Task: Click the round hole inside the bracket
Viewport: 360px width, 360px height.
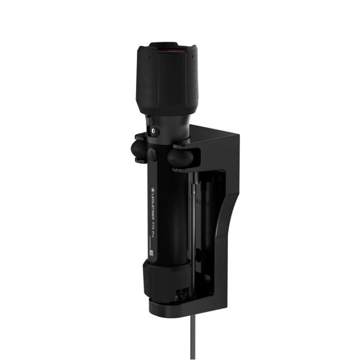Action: [216, 178]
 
